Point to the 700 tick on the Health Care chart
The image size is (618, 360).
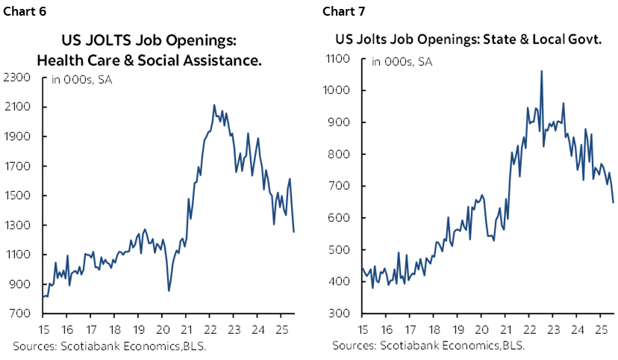pos(20,314)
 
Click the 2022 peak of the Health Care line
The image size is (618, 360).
pos(214,105)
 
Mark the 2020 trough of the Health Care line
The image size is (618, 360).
pos(169,291)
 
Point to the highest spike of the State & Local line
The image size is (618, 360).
pos(541,71)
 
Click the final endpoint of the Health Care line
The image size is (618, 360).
pos(293,232)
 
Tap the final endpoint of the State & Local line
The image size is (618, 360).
pos(613,202)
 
